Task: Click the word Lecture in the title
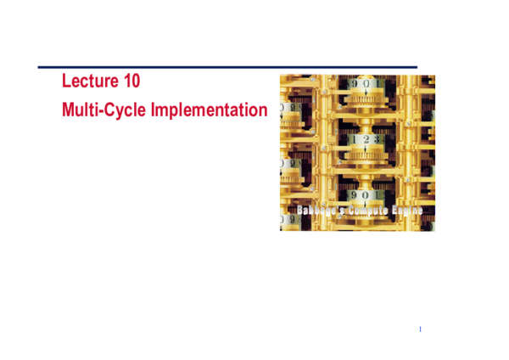coord(87,82)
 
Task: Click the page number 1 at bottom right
coord(420,329)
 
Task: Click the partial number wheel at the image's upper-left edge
coord(288,109)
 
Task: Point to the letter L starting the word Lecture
coord(66,82)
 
